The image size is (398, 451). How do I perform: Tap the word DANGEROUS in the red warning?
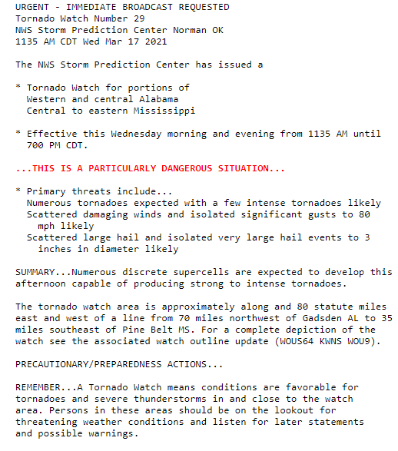pyautogui.click(x=190, y=168)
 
